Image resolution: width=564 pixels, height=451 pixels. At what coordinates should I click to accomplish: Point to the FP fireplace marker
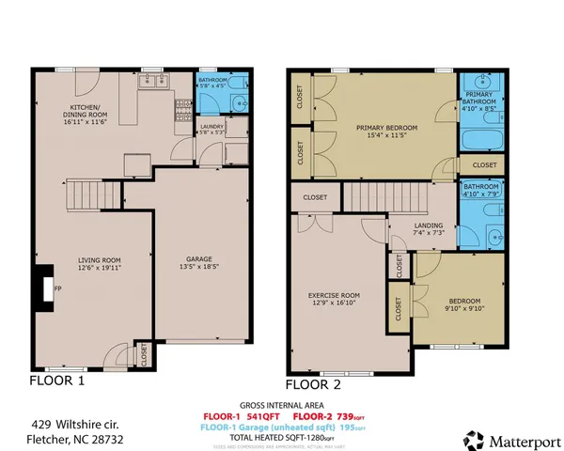pos(57,288)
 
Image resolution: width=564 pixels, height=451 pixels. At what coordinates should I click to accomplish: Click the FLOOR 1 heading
pos(57,381)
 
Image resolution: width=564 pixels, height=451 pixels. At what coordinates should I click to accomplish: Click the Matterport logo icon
pos(475,439)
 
